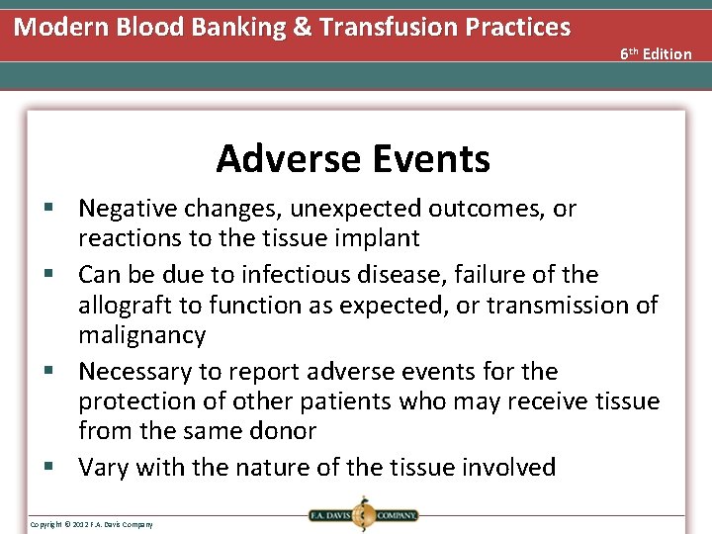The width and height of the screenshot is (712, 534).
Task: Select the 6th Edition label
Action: point(656,53)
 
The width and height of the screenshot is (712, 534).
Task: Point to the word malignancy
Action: point(142,335)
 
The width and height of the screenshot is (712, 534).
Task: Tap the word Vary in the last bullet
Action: point(103,467)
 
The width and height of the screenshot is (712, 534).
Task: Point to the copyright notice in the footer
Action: point(91,523)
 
